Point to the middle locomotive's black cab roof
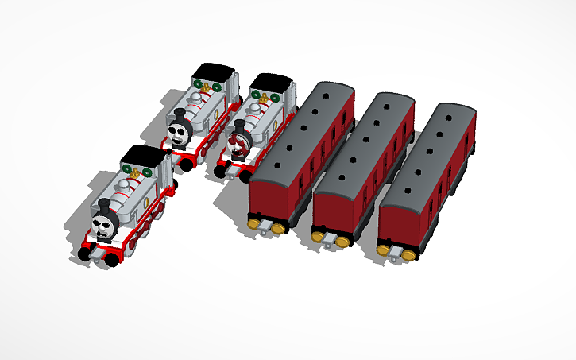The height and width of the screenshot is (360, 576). tap(215, 72)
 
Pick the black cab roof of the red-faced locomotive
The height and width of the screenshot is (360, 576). tap(271, 82)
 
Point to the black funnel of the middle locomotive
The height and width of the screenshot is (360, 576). tap(179, 114)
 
